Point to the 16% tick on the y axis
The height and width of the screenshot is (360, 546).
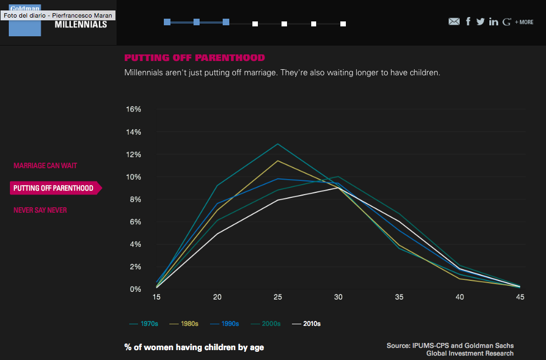(x=134, y=109)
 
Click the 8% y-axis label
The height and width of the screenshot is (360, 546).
(x=135, y=199)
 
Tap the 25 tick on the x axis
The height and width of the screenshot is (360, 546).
(x=278, y=297)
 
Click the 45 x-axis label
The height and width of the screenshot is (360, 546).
(x=520, y=297)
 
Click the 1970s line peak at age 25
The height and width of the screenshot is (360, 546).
(x=278, y=144)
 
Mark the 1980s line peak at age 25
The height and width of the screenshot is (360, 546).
(x=278, y=160)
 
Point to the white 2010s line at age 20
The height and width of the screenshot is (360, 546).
(x=217, y=234)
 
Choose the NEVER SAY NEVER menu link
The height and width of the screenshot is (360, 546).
(x=40, y=210)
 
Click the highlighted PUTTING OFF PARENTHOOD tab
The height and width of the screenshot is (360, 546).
(x=53, y=188)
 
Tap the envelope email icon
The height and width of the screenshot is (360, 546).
(x=454, y=21)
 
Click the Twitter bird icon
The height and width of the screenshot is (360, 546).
(x=480, y=21)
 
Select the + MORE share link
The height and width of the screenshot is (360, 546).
(x=524, y=22)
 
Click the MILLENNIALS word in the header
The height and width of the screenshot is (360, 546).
(x=81, y=25)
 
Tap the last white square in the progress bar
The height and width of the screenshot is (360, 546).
(x=343, y=24)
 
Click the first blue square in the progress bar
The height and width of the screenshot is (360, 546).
(x=167, y=22)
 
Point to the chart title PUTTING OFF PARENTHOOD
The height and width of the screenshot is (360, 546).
(x=195, y=58)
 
